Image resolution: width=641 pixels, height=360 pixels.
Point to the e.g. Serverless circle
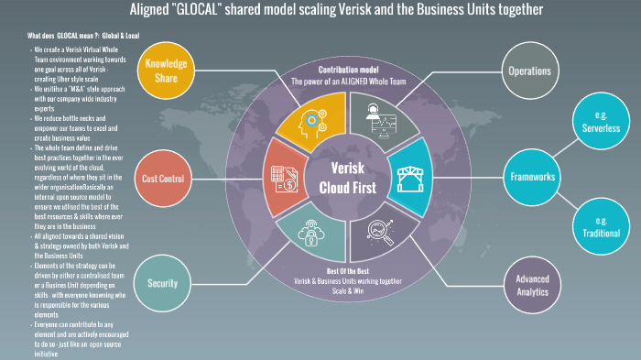pos(601,123)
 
